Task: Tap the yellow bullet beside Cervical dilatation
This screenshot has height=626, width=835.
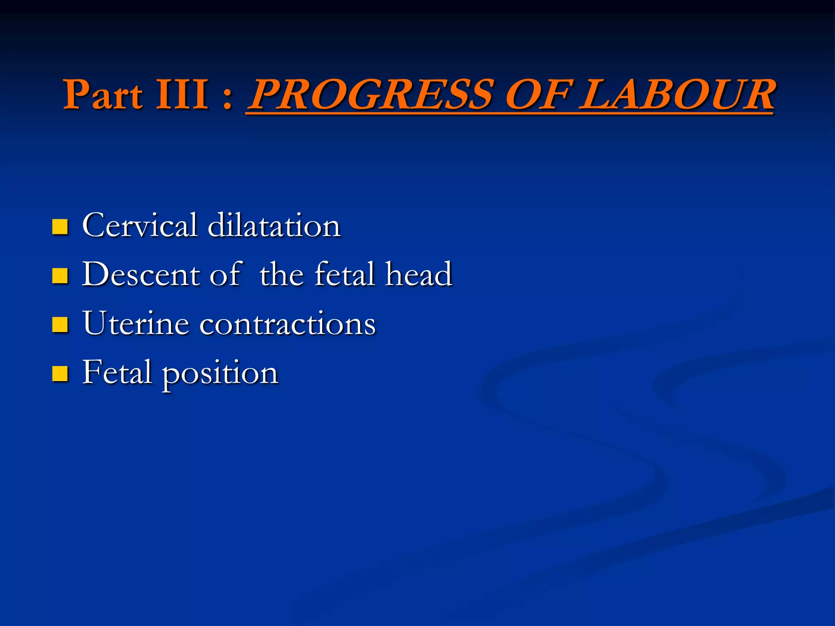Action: pos(60,227)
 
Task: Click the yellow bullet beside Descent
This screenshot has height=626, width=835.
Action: pos(60,276)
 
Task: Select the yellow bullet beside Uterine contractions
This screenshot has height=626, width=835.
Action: pos(60,325)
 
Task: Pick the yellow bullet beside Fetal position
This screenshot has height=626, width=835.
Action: pos(60,373)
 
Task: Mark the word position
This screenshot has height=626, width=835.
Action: pos(220,374)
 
